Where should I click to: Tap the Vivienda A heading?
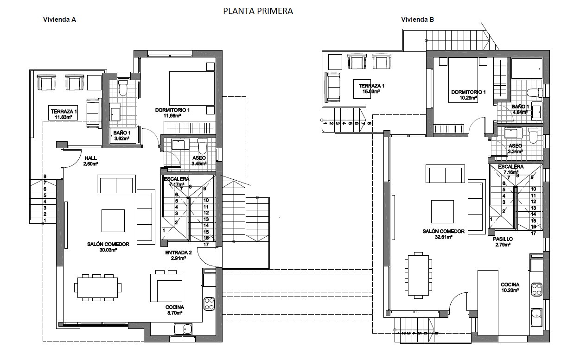point(59,20)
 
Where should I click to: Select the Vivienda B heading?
point(417,20)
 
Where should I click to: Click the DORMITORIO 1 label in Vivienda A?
point(172,110)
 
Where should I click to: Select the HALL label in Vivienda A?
point(90,158)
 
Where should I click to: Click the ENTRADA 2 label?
point(178,253)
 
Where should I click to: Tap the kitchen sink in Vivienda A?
point(184,329)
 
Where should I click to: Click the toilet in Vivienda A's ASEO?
point(202,146)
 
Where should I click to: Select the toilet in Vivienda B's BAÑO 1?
point(534,92)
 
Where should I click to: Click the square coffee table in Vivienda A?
point(113,221)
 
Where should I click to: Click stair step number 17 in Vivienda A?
point(206,244)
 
